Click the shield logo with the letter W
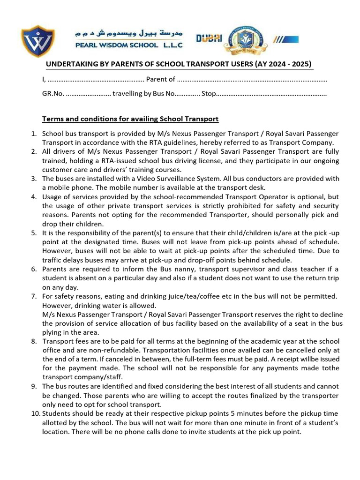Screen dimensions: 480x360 (38, 41)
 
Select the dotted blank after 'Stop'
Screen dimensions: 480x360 (271, 94)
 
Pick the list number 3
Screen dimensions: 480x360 (34, 179)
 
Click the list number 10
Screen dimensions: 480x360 (36, 414)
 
